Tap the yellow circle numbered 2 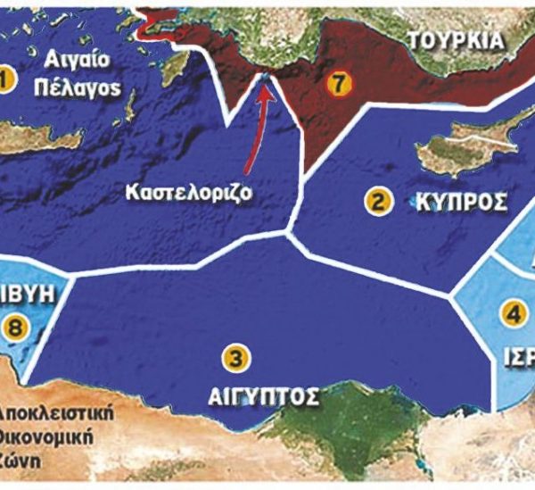pos(378,202)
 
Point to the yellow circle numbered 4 pos(512,313)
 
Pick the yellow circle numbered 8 pos(16,328)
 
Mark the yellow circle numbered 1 pos(6,81)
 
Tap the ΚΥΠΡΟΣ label pos(462,203)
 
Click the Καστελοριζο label pos(198,191)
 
